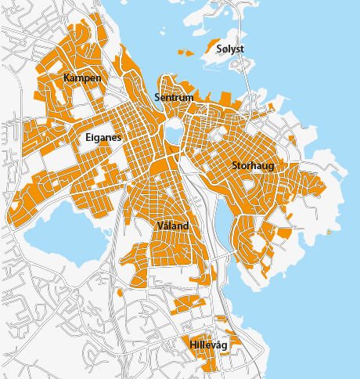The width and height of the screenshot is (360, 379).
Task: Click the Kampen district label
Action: [x=82, y=79]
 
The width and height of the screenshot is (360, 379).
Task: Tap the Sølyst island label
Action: [x=230, y=49]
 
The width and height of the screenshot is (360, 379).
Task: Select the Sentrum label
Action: [x=174, y=98]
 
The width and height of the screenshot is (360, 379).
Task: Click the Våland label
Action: [x=173, y=226]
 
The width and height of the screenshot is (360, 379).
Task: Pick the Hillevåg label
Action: [x=207, y=344]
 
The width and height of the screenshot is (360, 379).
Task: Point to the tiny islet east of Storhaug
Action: [x=329, y=233]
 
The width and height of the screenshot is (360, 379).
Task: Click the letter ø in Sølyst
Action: [x=225, y=49]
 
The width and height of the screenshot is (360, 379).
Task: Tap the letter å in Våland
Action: [x=167, y=226]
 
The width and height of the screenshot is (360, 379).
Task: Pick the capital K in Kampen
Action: [x=67, y=79]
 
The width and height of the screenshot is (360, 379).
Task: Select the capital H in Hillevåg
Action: [x=193, y=344]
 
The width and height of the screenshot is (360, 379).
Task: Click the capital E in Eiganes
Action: [x=88, y=137]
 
